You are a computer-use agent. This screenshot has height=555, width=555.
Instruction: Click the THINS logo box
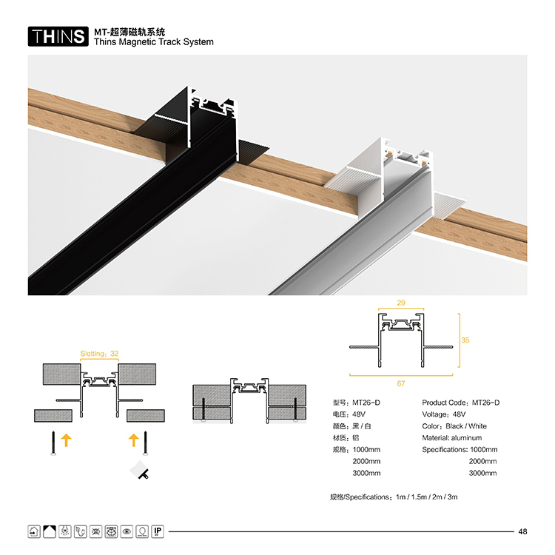58,36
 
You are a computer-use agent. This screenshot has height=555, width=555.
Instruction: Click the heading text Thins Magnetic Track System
154,42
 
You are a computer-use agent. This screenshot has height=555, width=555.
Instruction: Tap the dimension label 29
400,303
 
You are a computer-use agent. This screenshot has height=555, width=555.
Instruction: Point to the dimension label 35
465,340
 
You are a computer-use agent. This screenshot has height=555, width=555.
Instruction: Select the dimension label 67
400,383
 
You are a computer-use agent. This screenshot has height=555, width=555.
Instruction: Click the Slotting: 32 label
99,354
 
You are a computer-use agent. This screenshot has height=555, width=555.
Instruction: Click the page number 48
522,531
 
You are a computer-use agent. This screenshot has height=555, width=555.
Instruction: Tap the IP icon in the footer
158,531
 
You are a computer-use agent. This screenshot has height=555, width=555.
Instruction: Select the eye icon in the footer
127,531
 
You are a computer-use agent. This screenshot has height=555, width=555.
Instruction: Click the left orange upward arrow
66,440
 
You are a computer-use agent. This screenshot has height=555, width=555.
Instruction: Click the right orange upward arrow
133,440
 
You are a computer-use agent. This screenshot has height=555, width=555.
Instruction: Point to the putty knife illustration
140,470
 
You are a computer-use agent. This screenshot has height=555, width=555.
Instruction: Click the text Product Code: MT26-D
460,403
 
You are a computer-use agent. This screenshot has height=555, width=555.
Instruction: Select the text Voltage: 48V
443,414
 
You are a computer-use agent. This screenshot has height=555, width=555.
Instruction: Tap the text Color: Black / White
454,426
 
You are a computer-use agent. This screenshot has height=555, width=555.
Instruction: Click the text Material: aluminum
451,438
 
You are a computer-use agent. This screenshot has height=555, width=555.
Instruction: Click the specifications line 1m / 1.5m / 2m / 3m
426,497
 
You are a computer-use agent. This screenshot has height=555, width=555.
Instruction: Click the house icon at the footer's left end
34,531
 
